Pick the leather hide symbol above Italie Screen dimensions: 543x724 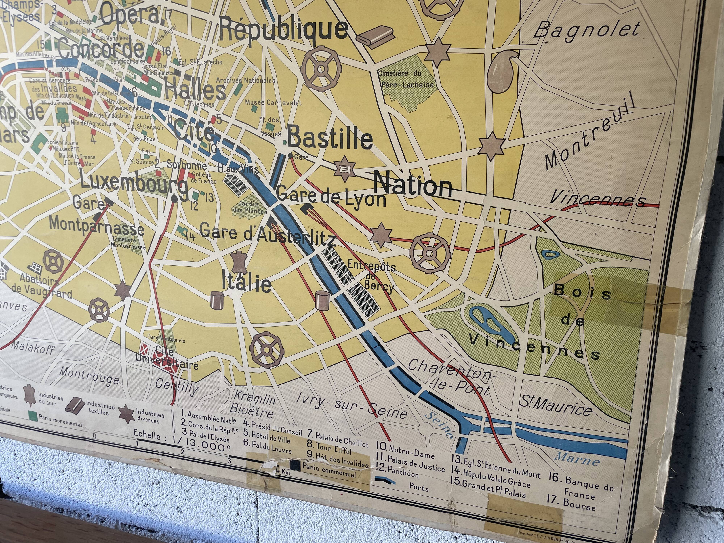[240, 262]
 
